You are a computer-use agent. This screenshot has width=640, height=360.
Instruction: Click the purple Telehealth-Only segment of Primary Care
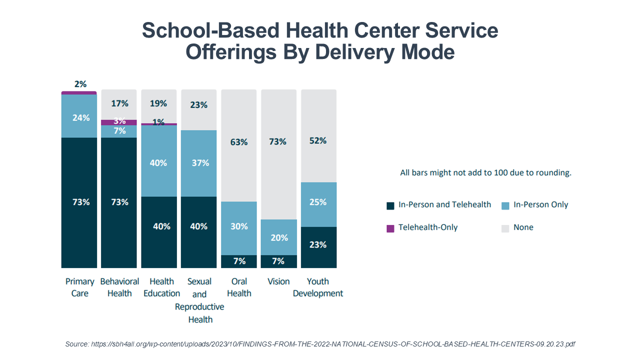coord(79,93)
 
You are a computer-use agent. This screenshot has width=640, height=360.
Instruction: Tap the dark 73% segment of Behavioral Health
coord(119,202)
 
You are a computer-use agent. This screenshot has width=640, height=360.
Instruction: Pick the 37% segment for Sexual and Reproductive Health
coord(199,163)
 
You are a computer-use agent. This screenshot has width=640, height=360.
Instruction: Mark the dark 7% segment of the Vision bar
coord(278,261)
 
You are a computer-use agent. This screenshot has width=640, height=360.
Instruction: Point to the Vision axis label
coord(278,281)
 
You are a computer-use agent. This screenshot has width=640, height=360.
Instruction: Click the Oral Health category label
coord(239,287)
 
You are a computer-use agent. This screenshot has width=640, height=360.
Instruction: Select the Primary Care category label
coord(79,287)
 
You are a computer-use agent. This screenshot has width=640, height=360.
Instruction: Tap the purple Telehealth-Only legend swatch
coord(390,228)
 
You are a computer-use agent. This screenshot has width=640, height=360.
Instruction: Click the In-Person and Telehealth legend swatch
coord(390,205)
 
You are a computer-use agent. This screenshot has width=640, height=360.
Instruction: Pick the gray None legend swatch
coord(505,228)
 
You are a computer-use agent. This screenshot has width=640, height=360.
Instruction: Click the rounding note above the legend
coord(485,173)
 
